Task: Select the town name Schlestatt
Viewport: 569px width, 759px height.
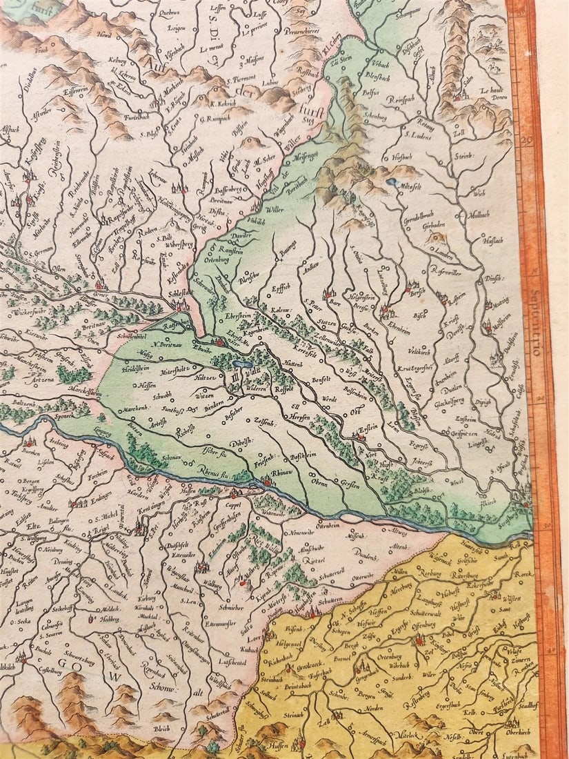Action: pos(179,293)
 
